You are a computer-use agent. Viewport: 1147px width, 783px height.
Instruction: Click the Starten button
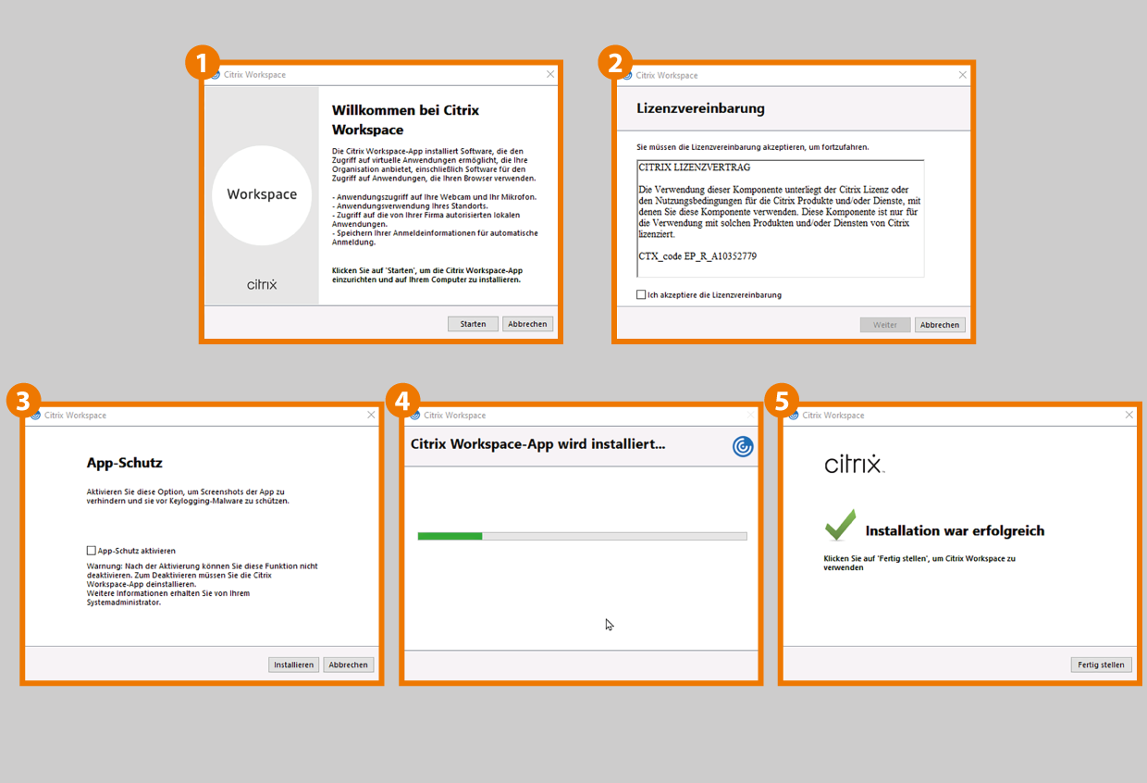pos(473,324)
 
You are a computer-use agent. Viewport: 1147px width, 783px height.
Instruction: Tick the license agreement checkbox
pos(641,294)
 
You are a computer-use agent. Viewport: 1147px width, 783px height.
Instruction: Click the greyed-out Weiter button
pos(885,325)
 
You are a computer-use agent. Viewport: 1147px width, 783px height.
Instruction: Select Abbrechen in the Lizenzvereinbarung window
pos(940,325)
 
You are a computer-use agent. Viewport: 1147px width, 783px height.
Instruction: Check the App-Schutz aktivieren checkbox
pos(92,551)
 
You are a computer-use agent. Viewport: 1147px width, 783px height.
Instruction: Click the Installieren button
pos(293,665)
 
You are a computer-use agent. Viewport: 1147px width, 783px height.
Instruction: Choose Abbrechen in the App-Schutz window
pos(348,665)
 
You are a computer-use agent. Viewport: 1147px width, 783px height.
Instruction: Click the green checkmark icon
pos(840,525)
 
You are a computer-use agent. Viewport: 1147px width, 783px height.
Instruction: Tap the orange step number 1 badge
pos(203,63)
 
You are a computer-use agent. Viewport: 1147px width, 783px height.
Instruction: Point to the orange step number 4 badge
pos(402,400)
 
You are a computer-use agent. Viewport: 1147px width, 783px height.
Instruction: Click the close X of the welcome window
pos(550,74)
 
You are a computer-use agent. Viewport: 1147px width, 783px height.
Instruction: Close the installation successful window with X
pos(1128,415)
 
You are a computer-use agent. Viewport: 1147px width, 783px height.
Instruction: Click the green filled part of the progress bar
pos(450,536)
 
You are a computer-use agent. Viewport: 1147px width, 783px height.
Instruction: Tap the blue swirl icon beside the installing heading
pos(743,446)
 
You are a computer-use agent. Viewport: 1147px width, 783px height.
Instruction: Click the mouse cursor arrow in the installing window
pos(610,625)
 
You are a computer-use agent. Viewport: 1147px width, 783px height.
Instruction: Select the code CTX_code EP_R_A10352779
pos(697,256)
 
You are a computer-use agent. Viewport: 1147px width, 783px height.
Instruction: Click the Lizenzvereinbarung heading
pos(700,108)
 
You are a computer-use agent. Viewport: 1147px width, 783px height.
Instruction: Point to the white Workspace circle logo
pos(262,195)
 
